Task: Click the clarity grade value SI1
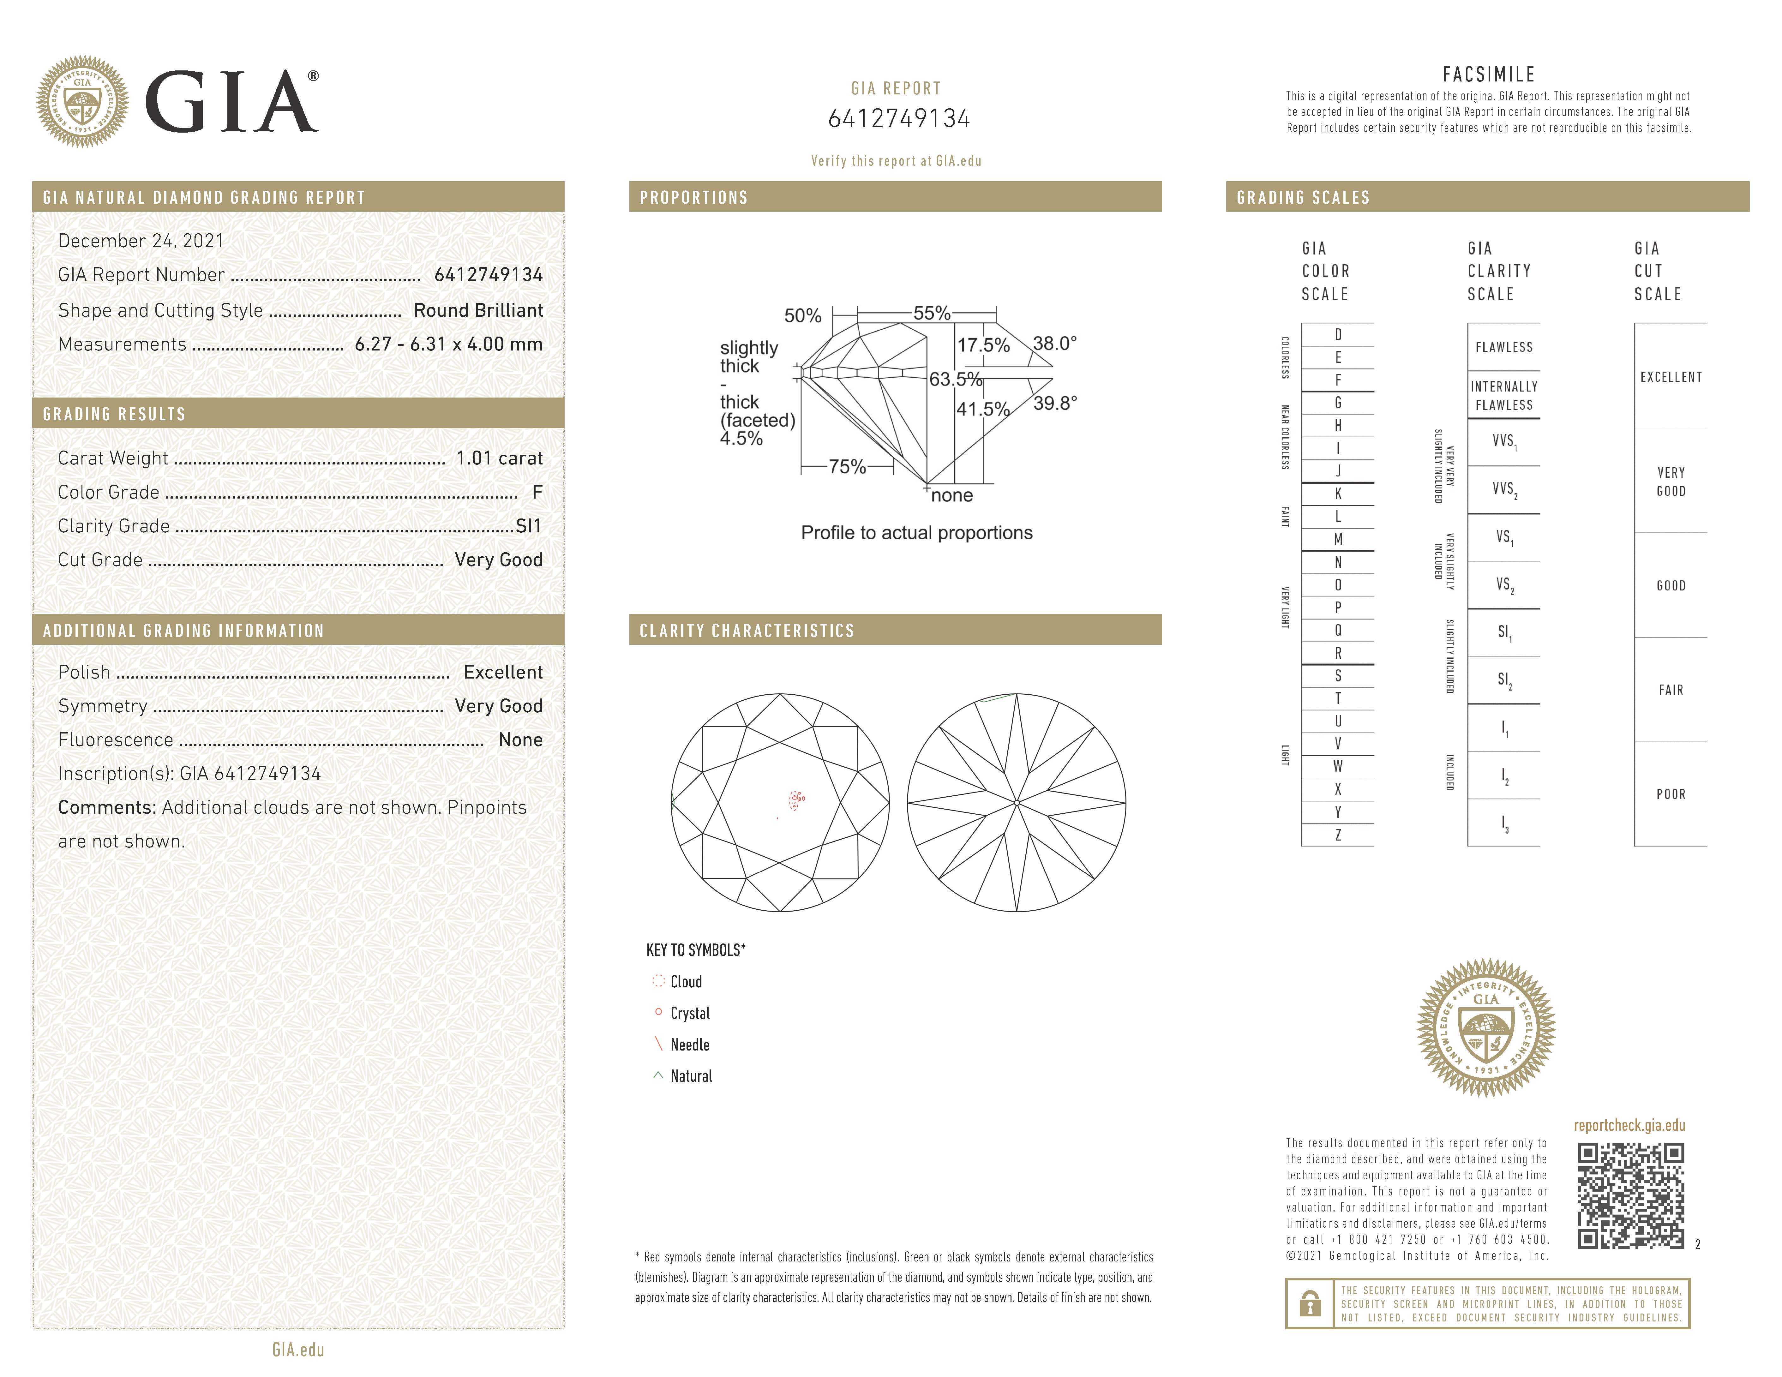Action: (x=529, y=526)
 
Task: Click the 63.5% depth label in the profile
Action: (x=956, y=379)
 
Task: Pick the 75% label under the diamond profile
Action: (x=847, y=467)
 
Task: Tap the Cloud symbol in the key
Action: (x=658, y=981)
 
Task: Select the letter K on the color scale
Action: (x=1338, y=494)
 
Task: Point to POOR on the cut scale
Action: (x=1670, y=794)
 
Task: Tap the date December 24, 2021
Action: (x=140, y=241)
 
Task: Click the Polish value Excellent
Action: (x=503, y=672)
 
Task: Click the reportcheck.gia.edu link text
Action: (x=1629, y=1126)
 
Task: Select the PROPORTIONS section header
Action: (x=693, y=197)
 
